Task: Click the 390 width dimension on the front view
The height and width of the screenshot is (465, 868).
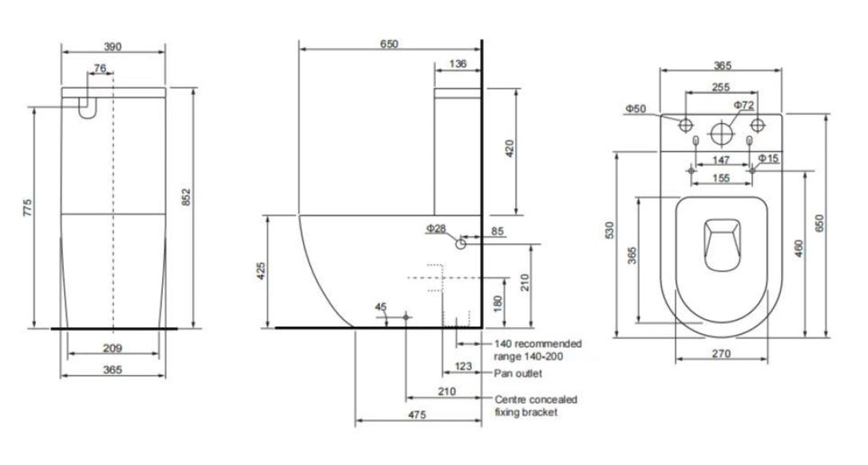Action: point(113,47)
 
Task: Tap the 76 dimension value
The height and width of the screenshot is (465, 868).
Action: point(100,69)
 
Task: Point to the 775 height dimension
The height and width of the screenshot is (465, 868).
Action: point(27,209)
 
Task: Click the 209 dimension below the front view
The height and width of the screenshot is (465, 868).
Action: point(113,348)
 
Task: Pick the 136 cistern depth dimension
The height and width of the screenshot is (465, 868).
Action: point(458,65)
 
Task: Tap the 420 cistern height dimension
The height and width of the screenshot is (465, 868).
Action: point(510,148)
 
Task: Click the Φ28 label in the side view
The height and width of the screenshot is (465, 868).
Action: point(435,229)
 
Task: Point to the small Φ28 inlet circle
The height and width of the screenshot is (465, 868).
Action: point(461,244)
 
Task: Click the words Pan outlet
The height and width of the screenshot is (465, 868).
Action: point(518,373)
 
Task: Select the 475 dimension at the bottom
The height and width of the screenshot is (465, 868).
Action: point(417,415)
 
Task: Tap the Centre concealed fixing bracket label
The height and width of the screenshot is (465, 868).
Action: point(536,405)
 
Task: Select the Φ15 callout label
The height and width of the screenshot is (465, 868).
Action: point(768,160)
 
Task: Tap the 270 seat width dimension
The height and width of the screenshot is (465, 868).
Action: point(722,355)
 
